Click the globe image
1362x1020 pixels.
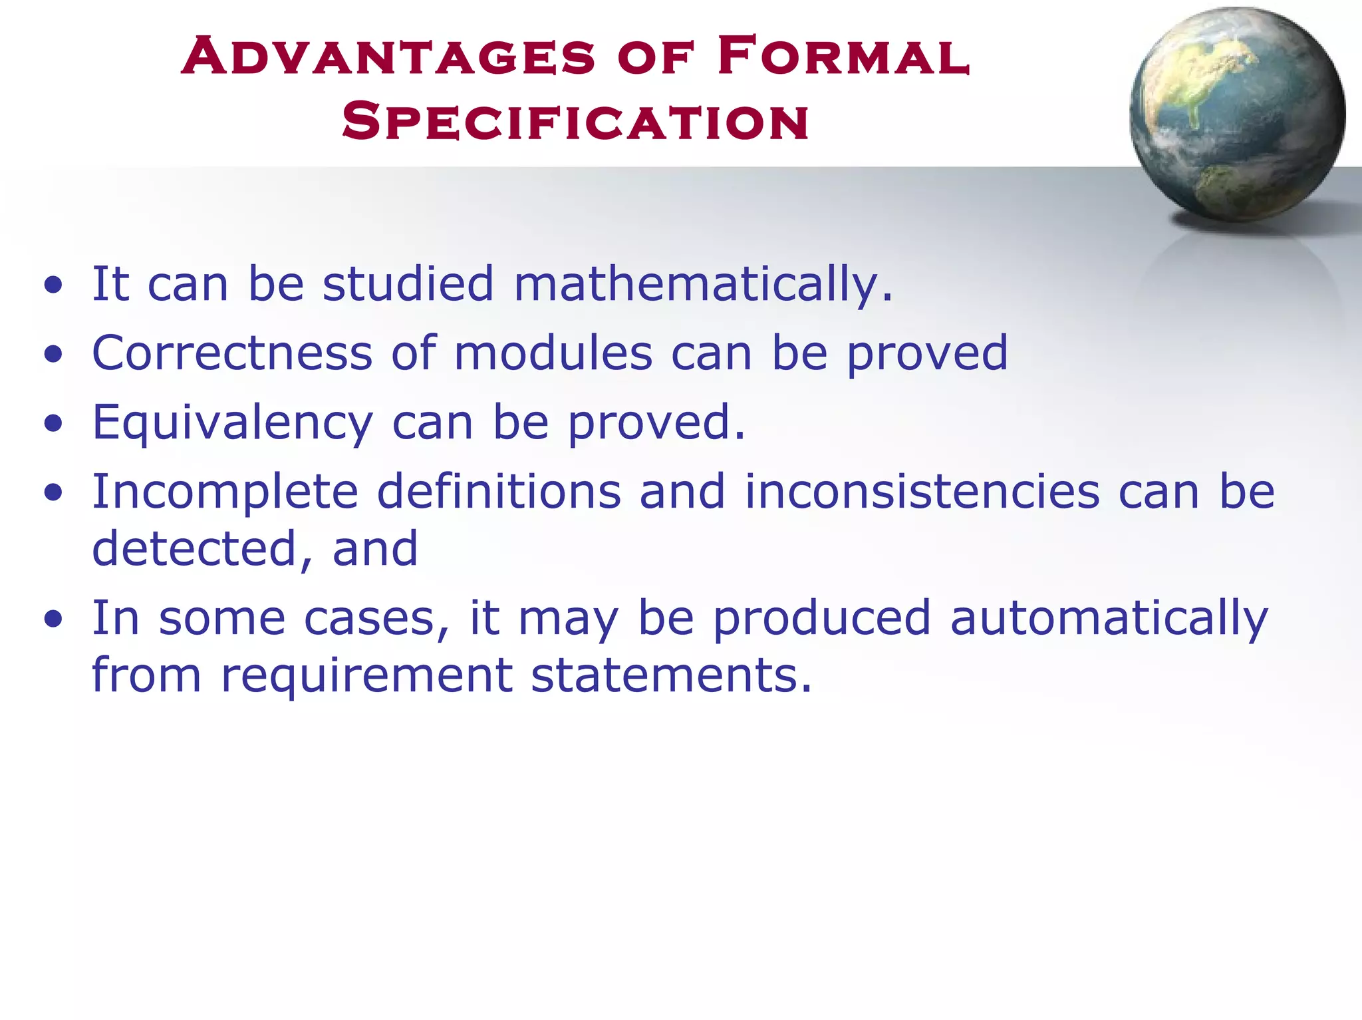click(1237, 114)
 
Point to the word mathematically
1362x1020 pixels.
click(703, 285)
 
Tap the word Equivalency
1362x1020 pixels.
click(232, 423)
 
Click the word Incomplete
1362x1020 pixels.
click(225, 492)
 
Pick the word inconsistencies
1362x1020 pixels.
click(922, 492)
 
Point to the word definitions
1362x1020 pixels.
click(499, 492)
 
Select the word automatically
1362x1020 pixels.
click(1109, 619)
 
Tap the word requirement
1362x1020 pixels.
click(366, 675)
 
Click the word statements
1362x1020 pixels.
click(671, 675)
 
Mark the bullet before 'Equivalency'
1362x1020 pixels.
click(53, 424)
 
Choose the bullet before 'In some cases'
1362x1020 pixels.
click(53, 619)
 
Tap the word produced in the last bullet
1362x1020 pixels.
click(821, 619)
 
